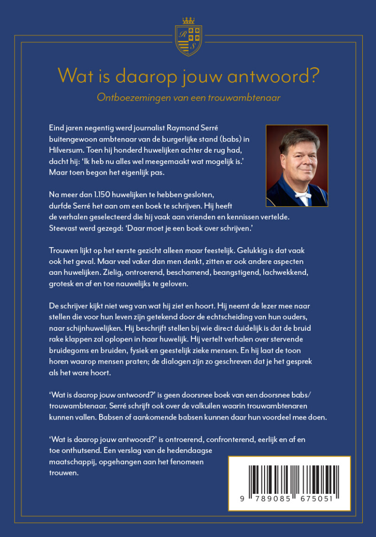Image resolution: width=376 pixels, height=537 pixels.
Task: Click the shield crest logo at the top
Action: (x=188, y=39)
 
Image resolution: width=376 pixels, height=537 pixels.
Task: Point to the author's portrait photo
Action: (x=297, y=165)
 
